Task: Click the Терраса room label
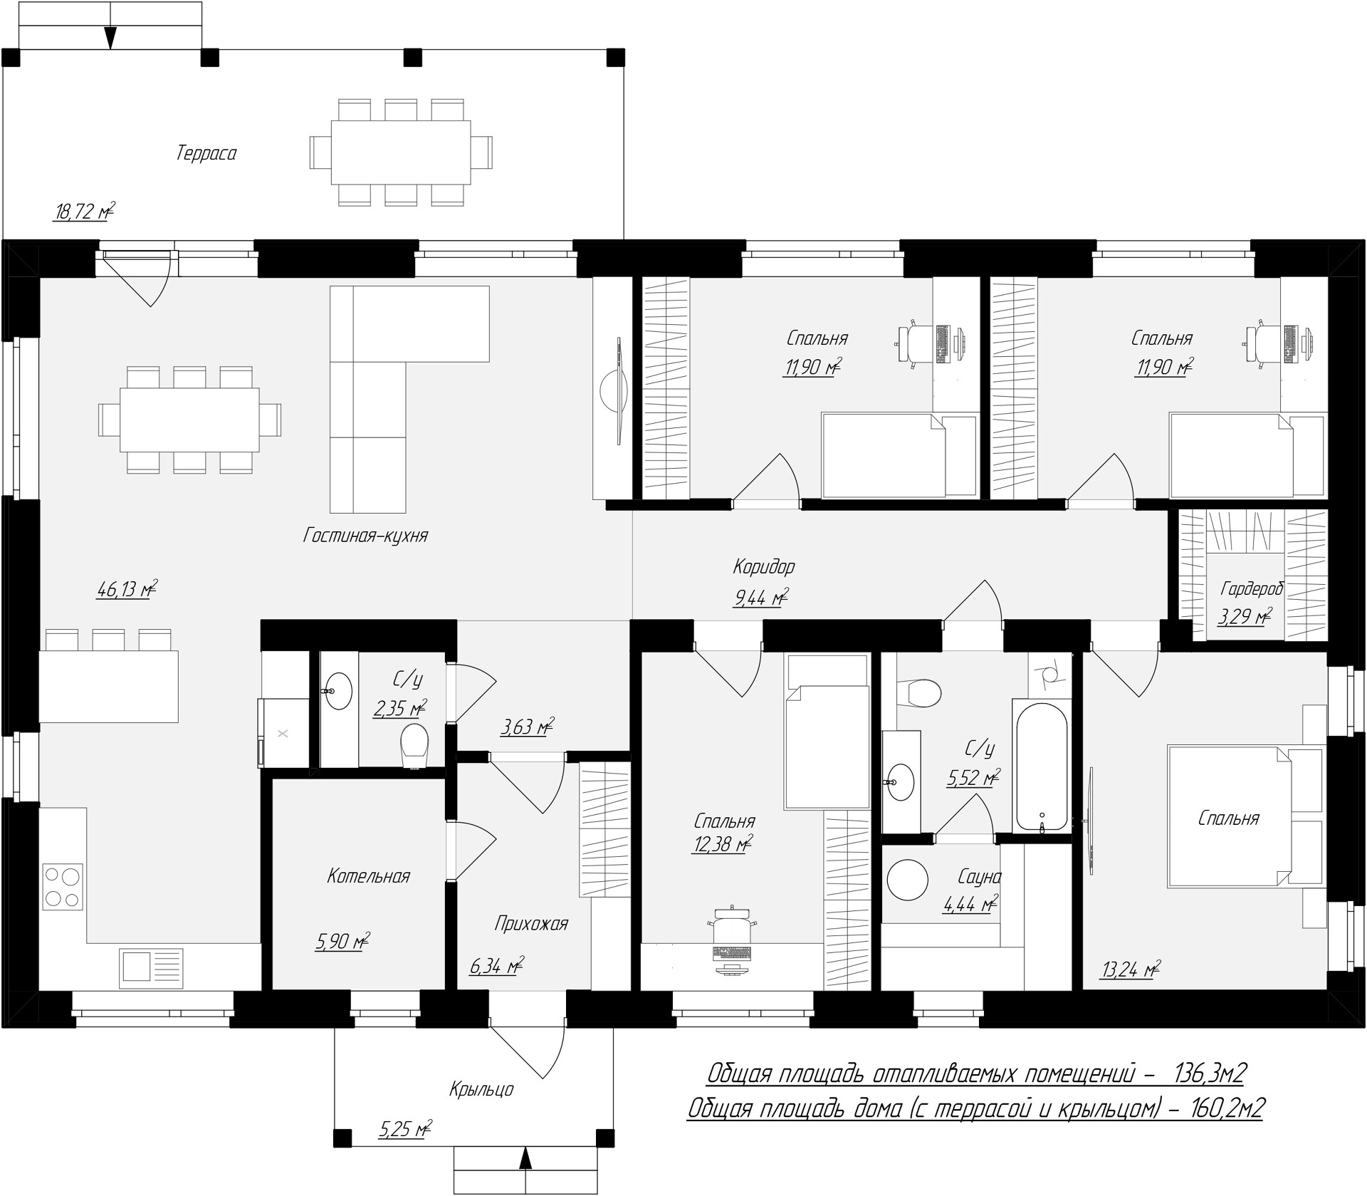(206, 153)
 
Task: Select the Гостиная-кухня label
(365, 535)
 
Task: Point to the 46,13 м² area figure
(127, 589)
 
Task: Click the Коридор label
(764, 567)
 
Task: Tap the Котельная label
(369, 876)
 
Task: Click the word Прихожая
(531, 924)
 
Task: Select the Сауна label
(980, 877)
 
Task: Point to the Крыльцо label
(481, 1089)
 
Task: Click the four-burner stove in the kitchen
(63, 886)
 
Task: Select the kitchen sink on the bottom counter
(151, 968)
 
